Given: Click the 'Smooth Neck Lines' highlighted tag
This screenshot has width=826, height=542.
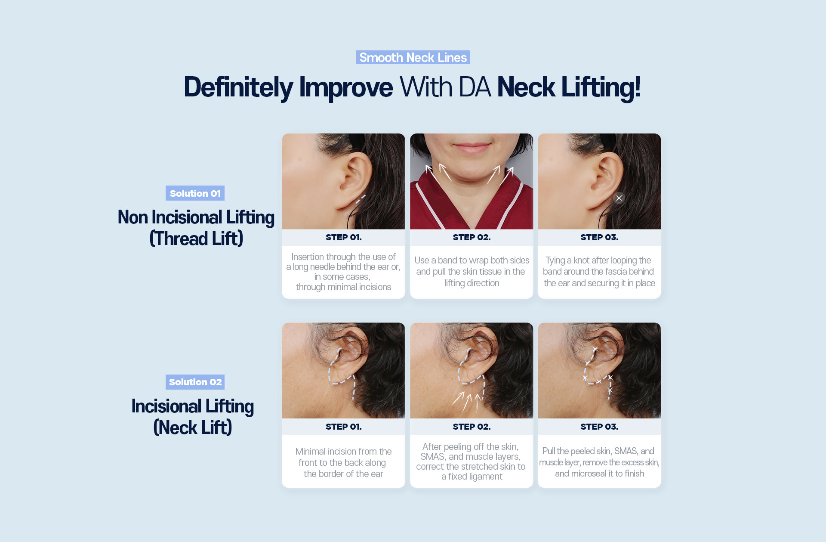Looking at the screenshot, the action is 413,57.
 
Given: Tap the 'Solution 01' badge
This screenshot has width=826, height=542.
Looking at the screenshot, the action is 195,193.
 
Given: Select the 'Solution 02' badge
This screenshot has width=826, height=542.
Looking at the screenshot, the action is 195,382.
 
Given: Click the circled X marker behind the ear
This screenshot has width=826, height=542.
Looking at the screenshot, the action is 619,198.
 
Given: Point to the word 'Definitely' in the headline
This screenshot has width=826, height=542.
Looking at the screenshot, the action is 238,87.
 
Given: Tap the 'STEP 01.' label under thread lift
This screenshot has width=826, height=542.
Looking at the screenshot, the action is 344,237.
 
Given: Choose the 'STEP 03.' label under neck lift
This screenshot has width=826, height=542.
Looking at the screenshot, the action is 599,427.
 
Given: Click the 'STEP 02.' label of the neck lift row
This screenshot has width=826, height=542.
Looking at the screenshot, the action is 472,427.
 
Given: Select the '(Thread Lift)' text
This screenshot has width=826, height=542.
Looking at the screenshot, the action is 196,238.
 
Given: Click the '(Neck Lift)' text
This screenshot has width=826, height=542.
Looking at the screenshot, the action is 193,427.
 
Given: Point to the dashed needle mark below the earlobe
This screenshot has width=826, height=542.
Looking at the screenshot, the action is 361,199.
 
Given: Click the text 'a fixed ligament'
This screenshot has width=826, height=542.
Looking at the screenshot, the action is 472,477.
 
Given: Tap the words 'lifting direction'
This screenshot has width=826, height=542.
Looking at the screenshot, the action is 472,283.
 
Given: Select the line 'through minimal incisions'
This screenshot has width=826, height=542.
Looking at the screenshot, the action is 343,287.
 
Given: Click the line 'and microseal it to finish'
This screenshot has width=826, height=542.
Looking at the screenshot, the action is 599,474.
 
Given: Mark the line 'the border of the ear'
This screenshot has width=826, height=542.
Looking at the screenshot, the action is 343,474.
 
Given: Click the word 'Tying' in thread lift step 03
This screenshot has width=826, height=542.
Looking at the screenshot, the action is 555,260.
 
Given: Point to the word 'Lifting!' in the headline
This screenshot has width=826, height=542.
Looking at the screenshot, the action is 601,87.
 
